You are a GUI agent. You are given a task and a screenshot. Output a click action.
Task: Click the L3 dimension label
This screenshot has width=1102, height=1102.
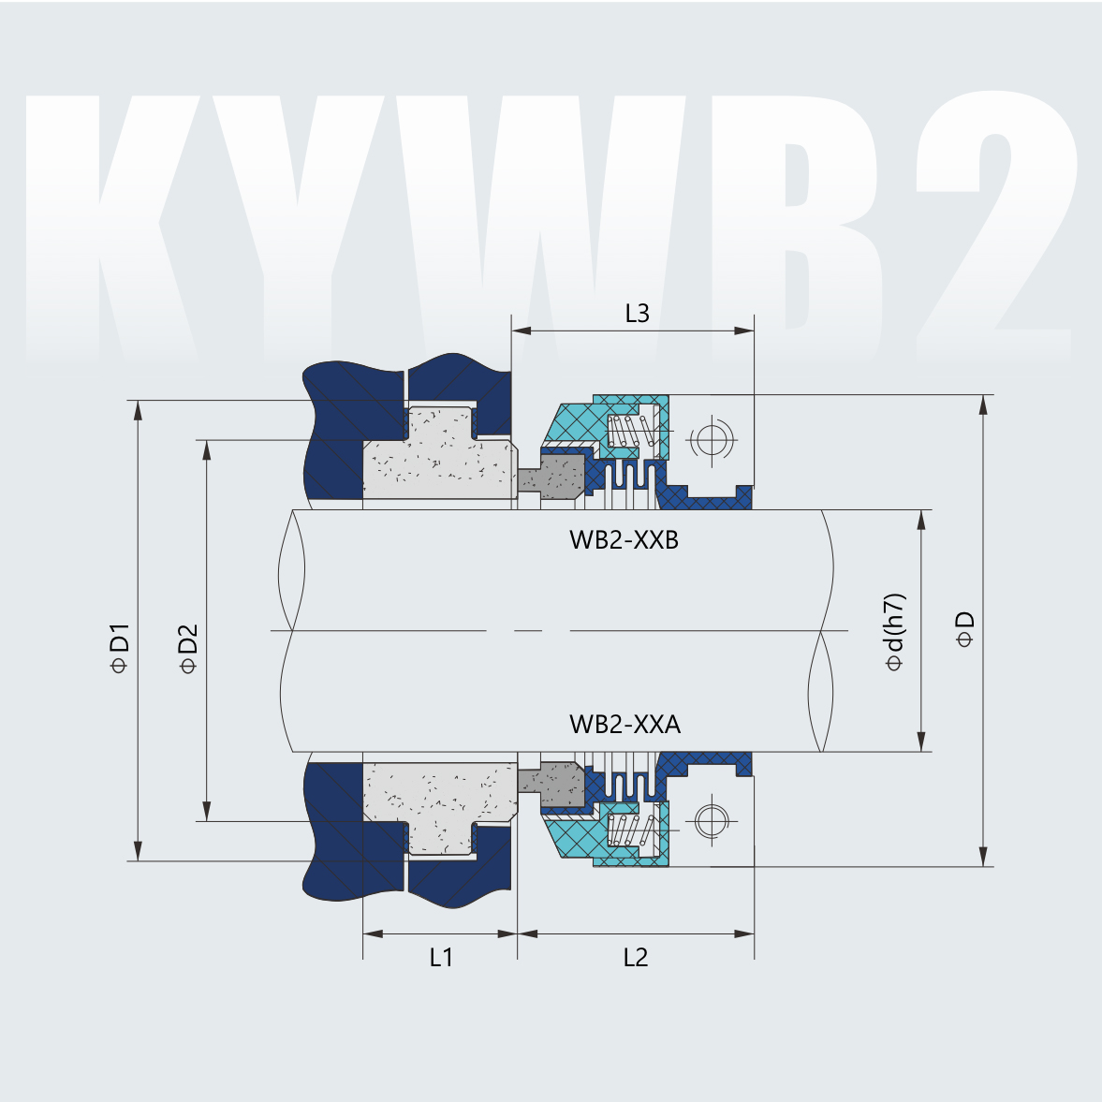coord(637,313)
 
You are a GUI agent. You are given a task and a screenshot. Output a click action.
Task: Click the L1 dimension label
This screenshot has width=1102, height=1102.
coord(441,957)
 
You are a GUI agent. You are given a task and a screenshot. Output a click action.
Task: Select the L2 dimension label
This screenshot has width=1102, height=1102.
coord(635,957)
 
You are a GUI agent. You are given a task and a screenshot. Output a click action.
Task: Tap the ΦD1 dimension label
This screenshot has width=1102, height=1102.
coord(119,647)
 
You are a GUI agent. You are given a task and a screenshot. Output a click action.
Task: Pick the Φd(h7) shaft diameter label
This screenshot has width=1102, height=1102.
coord(895,632)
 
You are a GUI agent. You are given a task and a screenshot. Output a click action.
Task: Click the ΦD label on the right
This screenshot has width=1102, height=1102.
coord(964,629)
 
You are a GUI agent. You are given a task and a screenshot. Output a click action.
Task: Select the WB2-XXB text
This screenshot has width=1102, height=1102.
coord(623,540)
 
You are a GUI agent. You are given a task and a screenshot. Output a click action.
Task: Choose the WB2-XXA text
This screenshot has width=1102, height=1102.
coord(624,724)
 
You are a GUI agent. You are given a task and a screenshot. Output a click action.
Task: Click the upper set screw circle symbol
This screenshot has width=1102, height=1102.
coord(710,438)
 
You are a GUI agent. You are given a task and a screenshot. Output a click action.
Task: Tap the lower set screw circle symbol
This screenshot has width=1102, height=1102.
coord(710,821)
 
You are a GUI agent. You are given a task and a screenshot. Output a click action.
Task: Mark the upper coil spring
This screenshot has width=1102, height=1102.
coord(631,432)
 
